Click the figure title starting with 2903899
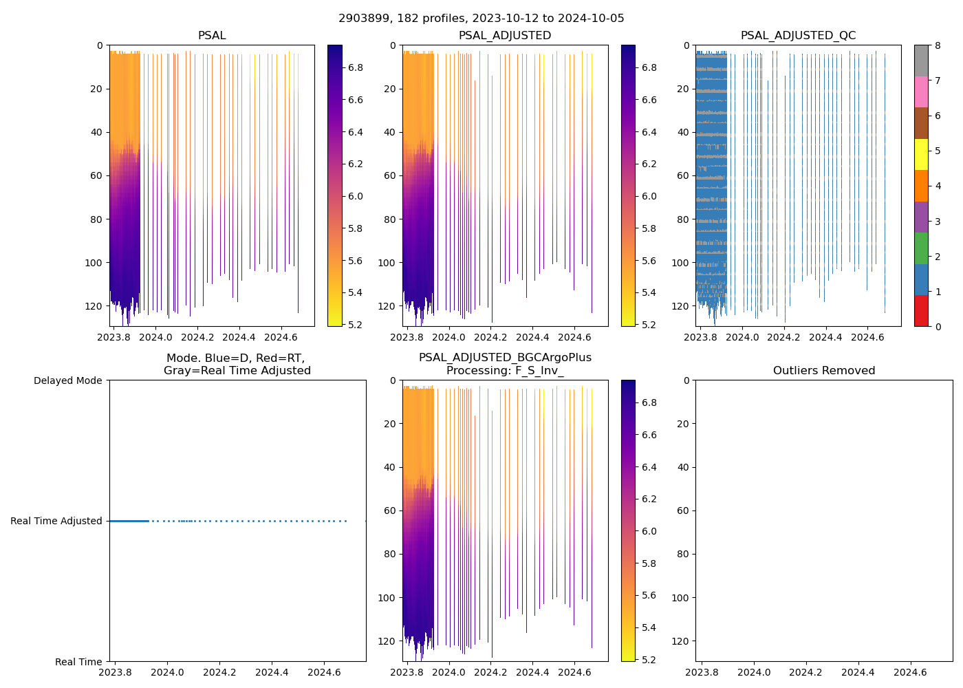[x=481, y=19]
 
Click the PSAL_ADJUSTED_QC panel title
[x=798, y=36]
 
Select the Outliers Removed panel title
[x=823, y=371]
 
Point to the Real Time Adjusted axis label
[x=56, y=522]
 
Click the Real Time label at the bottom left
[x=78, y=662]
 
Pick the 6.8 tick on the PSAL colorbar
[x=356, y=67]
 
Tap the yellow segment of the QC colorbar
[x=921, y=154]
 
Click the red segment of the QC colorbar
[x=921, y=311]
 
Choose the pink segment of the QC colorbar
[x=921, y=92]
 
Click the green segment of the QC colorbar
[x=921, y=248]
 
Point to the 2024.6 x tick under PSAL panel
[x=281, y=337]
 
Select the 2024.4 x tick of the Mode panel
[x=272, y=672]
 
